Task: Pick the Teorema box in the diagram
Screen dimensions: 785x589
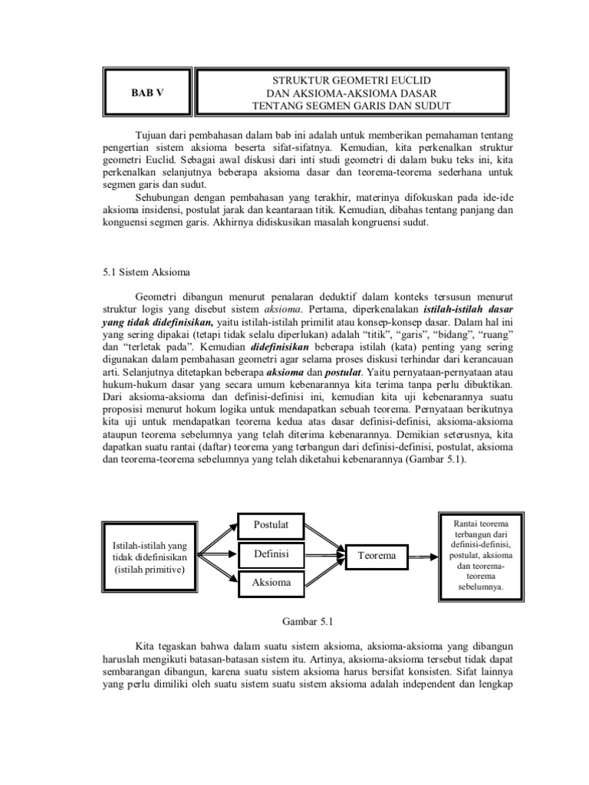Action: pos(377,555)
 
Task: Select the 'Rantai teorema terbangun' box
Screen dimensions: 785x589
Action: pos(481,554)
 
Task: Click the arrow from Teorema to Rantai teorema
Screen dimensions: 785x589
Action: pos(421,555)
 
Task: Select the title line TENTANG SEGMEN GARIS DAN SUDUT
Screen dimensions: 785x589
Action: pos(353,105)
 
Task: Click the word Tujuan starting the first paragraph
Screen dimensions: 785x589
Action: pos(152,135)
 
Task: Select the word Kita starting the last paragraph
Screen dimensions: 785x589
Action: pos(144,645)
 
